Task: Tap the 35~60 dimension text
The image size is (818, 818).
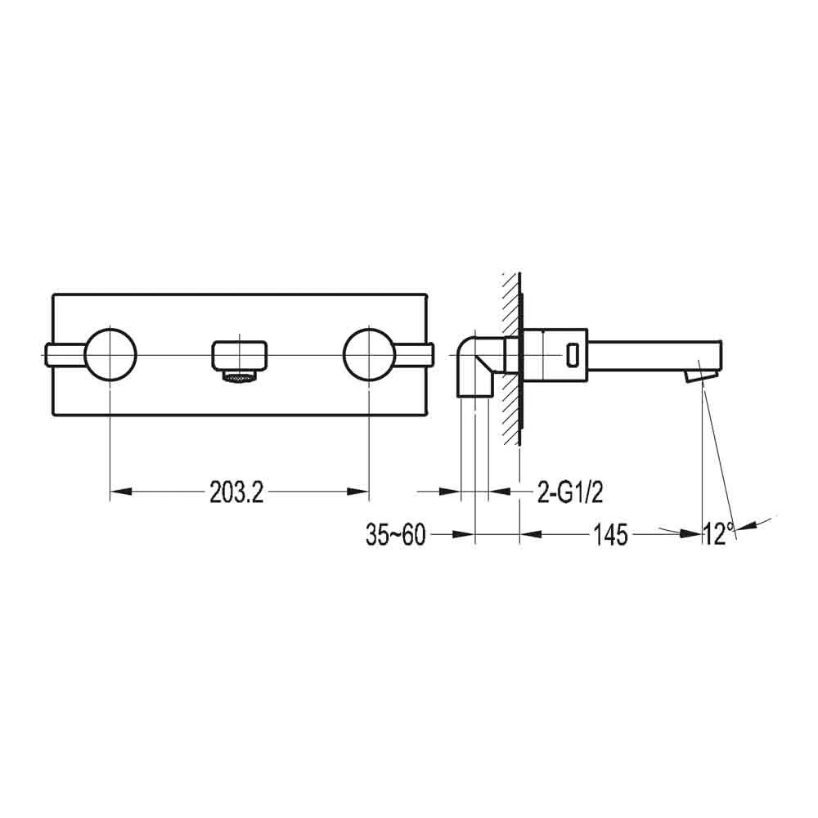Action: pos(396,535)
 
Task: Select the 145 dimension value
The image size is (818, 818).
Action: pos(611,535)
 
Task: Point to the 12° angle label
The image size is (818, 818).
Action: pos(717,535)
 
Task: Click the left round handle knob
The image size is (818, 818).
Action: pos(110,354)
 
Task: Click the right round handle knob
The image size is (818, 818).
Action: pos(369,354)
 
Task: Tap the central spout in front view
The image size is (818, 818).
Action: pos(239,355)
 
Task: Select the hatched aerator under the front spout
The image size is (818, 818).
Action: pos(239,378)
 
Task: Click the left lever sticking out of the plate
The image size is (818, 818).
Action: pos(64,354)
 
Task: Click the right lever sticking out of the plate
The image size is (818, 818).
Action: pos(416,354)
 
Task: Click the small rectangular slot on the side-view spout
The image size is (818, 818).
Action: pos(573,355)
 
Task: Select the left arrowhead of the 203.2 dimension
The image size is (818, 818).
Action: pos(120,492)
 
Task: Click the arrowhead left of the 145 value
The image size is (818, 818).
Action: pos(532,535)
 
